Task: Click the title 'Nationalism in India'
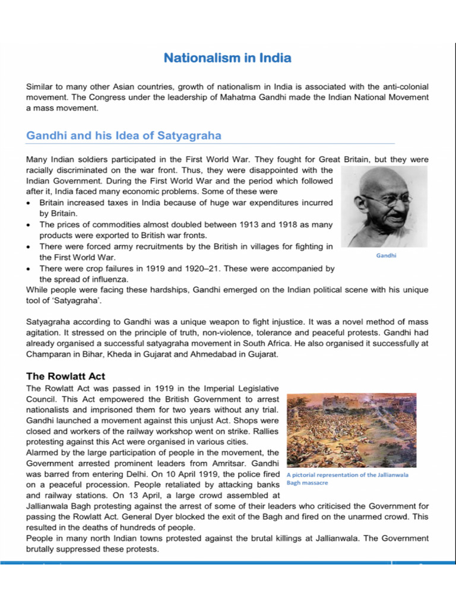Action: (227, 58)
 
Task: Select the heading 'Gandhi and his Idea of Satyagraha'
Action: (123, 135)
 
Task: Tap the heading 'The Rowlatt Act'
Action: (65, 376)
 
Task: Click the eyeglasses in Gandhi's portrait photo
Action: (385, 199)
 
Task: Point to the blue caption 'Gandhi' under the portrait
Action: (386, 255)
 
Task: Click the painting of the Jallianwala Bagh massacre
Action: (351, 430)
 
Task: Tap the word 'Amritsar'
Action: (218, 463)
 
